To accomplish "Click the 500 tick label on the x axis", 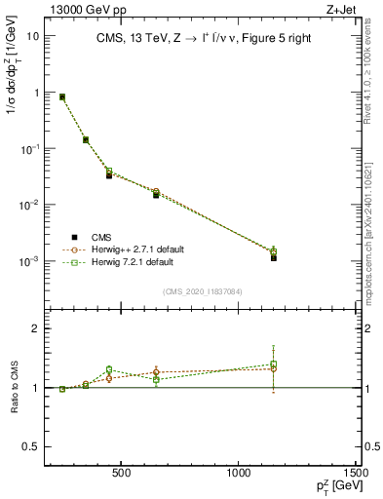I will (122, 475).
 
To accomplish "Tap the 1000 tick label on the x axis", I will (240, 475).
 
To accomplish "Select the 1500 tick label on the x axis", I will (356, 475).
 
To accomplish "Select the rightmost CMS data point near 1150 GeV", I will (274, 257).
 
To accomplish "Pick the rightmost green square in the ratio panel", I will (274, 365).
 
